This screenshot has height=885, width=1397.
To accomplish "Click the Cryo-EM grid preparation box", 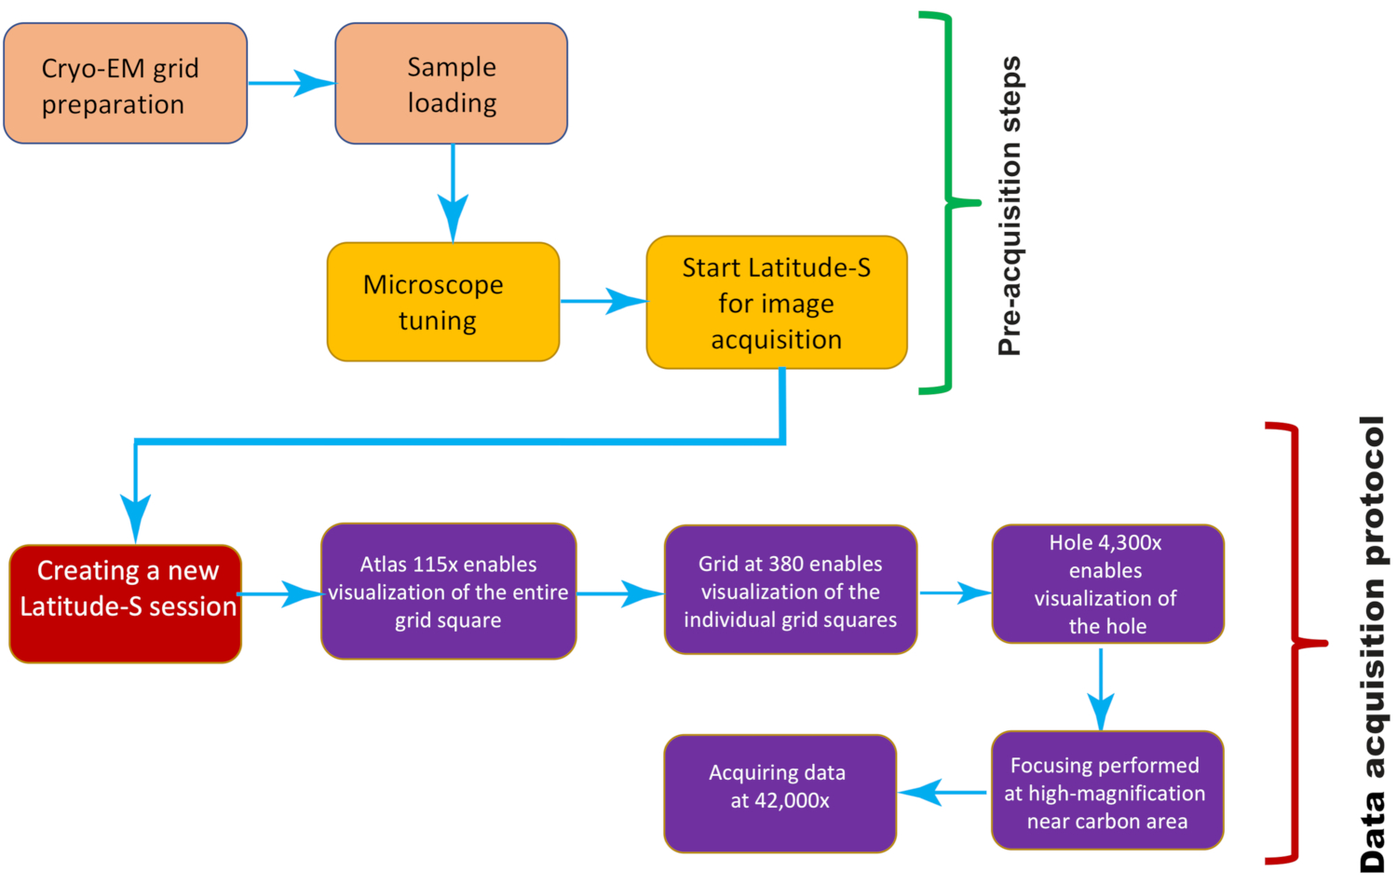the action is [x=126, y=84].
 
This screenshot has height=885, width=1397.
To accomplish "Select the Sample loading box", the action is [x=452, y=84].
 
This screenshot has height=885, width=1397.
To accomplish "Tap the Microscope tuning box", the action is [x=443, y=302].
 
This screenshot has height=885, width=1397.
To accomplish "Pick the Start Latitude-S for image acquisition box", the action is [x=777, y=303].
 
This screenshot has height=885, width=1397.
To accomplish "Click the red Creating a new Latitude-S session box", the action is [x=126, y=604].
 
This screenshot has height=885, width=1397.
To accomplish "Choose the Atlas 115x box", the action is [x=448, y=592].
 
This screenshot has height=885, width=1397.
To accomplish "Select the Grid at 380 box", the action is [x=791, y=590].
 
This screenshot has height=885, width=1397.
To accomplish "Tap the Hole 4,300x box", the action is [x=1108, y=584].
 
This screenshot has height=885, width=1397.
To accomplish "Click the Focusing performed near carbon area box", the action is [x=1107, y=790].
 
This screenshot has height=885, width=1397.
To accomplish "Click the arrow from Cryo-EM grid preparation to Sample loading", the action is [x=292, y=83].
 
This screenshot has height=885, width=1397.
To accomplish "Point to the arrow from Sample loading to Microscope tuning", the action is [x=453, y=194].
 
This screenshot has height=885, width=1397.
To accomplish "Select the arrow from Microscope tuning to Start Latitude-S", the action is [x=604, y=301].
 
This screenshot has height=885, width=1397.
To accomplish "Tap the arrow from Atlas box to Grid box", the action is [x=620, y=593].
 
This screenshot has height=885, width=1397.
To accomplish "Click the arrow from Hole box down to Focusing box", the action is [x=1102, y=689].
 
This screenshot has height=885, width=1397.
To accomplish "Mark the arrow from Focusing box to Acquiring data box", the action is [x=943, y=793].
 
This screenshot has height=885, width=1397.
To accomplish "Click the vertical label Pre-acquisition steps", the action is [x=1010, y=207].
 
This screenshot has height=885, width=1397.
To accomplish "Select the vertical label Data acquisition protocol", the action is [x=1372, y=644].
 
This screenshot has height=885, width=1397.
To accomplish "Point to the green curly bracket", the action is [x=949, y=203].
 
